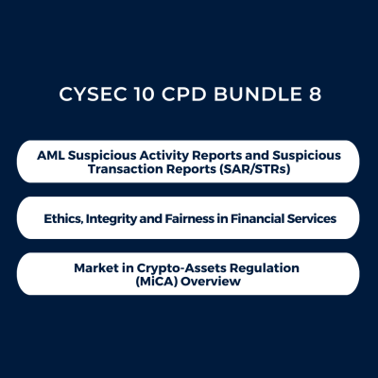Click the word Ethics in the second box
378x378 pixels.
(65, 218)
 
